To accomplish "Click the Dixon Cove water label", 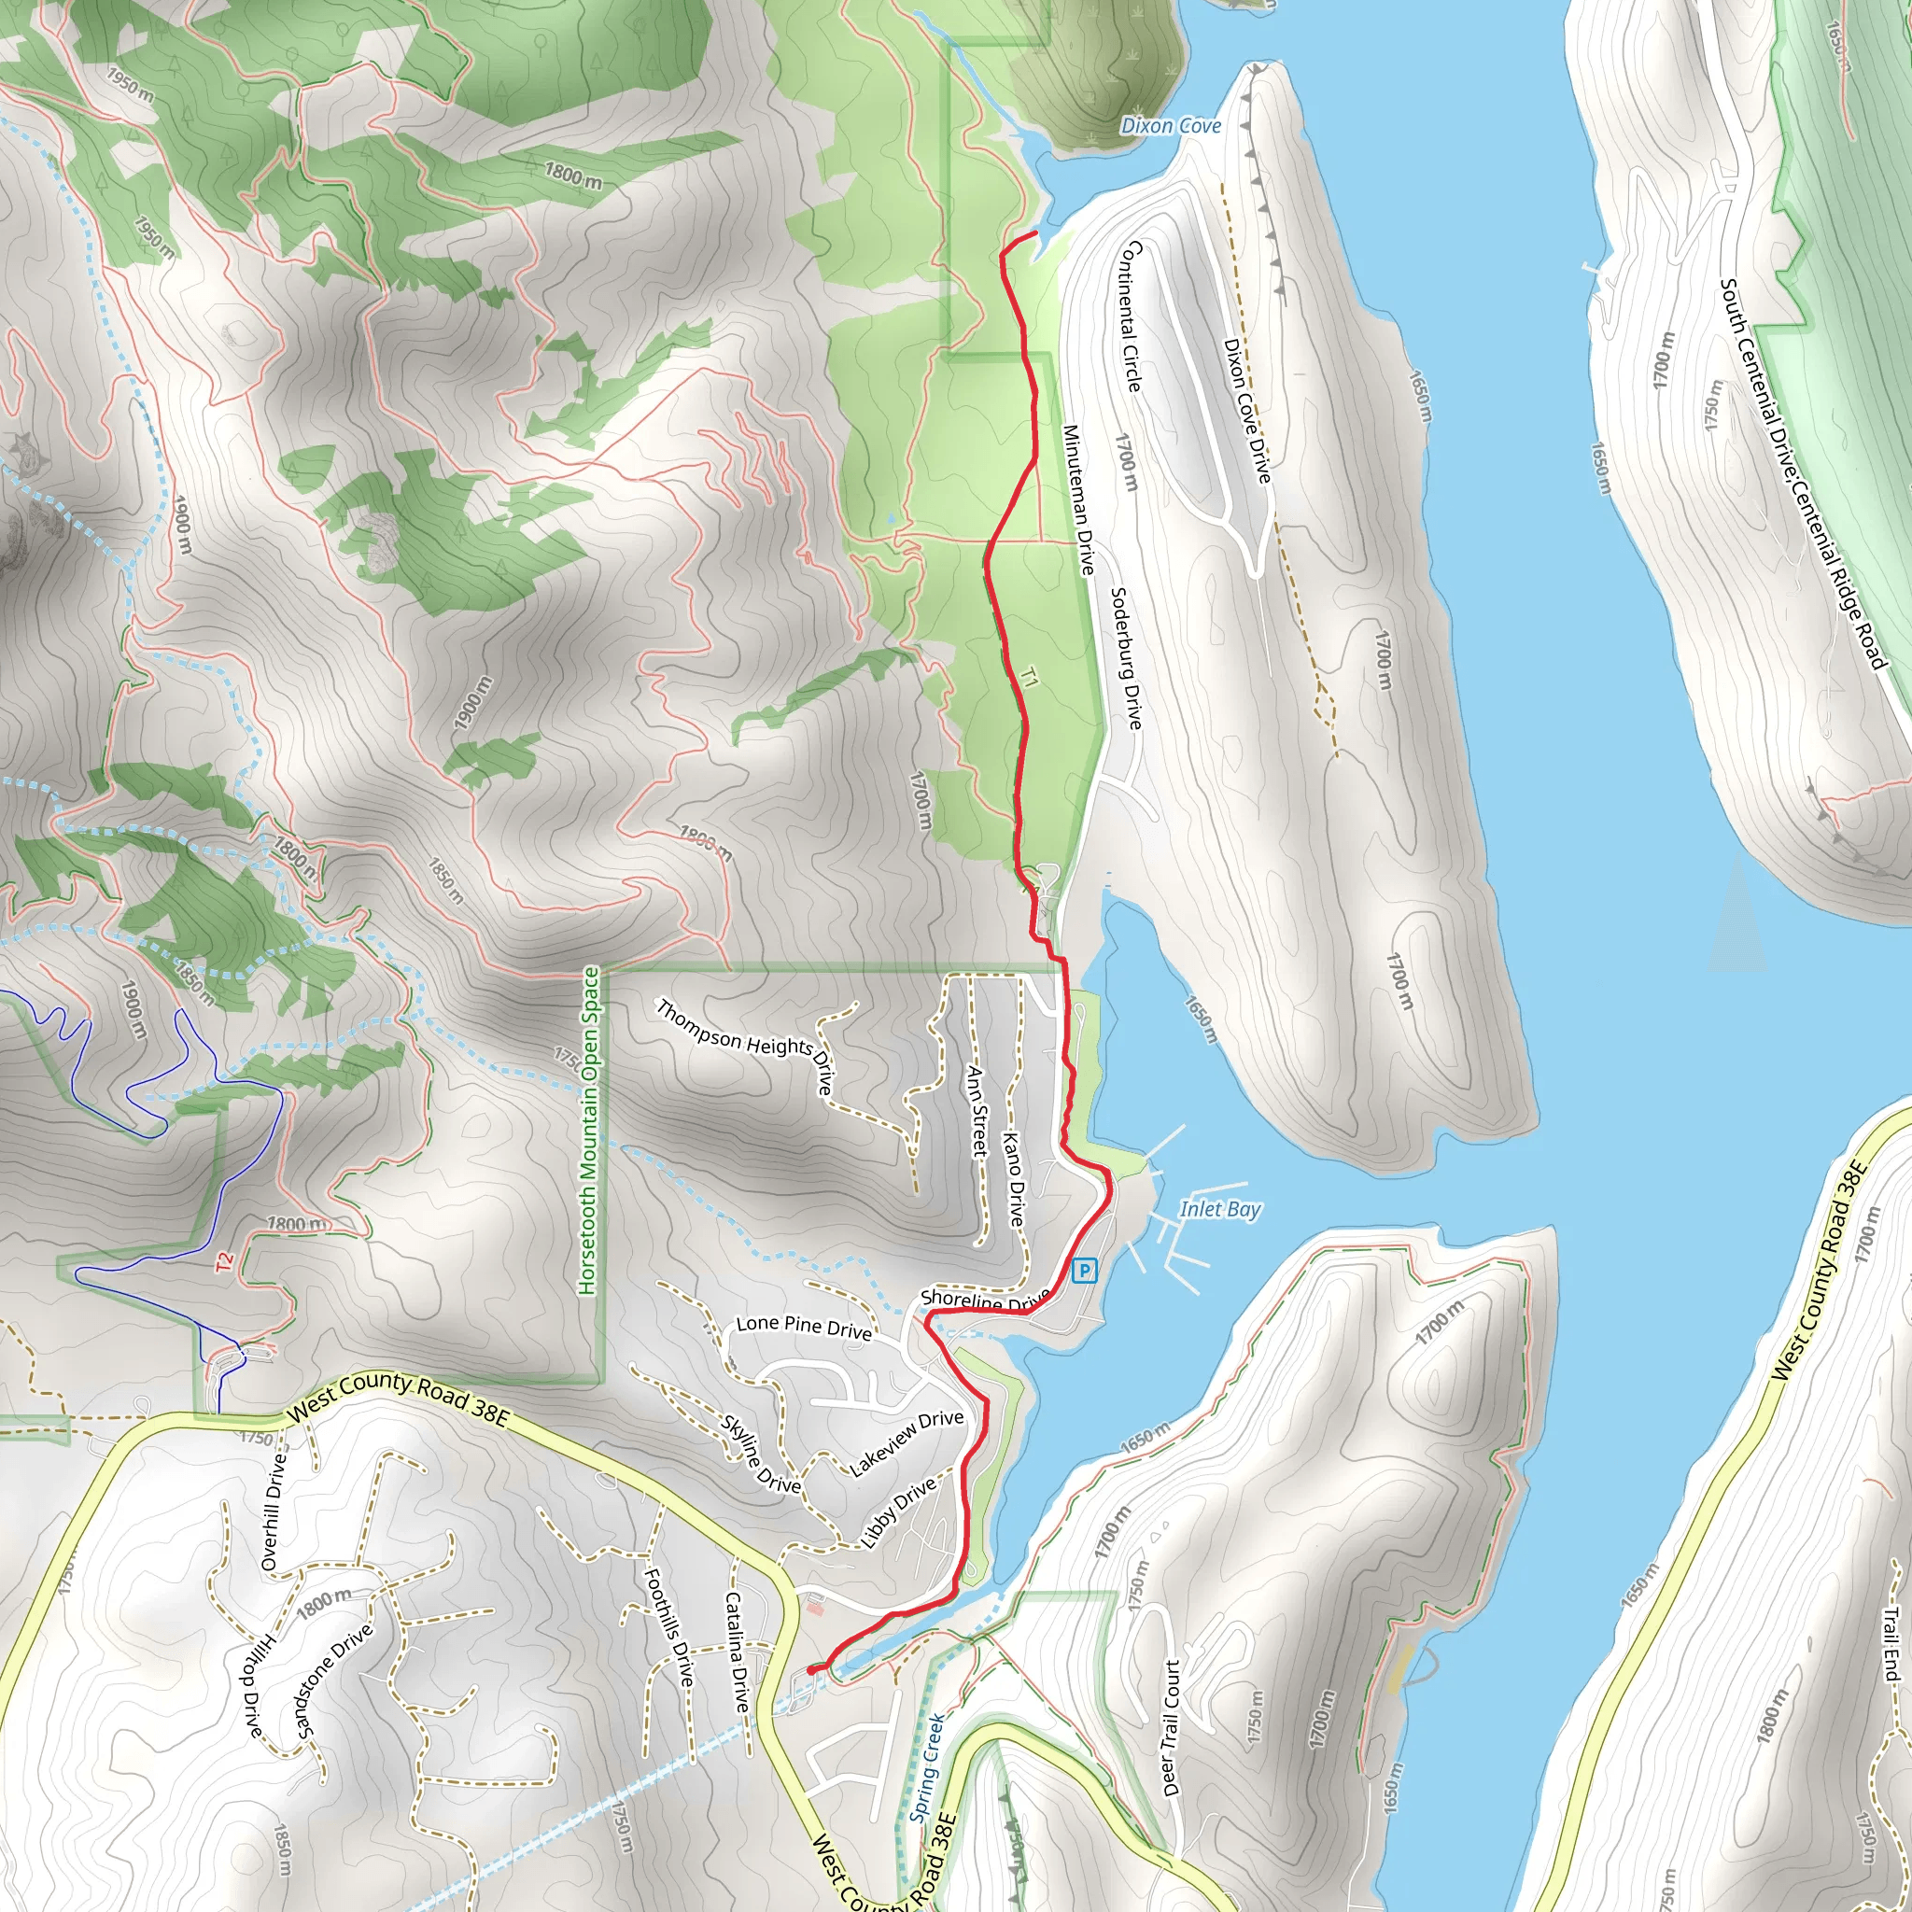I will pos(1170,126).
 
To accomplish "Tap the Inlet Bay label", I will pos(1220,1208).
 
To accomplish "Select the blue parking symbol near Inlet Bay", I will pos(1086,1270).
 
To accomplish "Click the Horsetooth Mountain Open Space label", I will pos(590,1131).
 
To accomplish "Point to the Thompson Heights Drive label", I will pos(745,1045).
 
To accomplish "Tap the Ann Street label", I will pos(977,1111).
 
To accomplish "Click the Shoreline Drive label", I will pos(984,1300).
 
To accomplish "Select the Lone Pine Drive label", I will pos(804,1328).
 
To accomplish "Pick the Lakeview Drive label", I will pos(907,1443).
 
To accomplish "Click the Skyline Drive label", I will pos(761,1454).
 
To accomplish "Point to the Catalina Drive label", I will pos(737,1652).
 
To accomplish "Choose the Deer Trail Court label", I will pos(1171,1728).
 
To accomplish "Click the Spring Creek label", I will pos(927,1766).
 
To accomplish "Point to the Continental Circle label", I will pos(1131,316).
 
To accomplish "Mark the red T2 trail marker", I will pos(225,1262).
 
